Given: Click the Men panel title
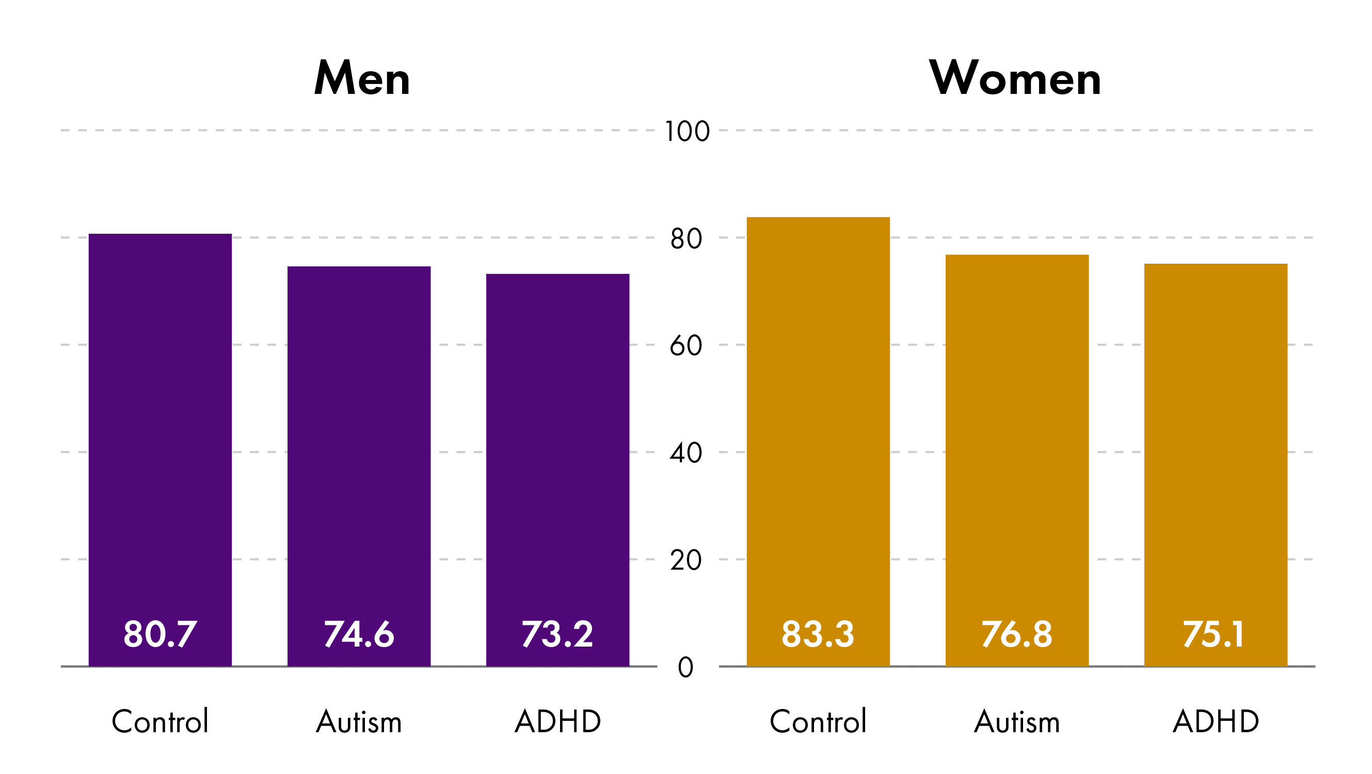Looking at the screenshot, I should [362, 78].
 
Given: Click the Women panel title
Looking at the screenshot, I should [1015, 78].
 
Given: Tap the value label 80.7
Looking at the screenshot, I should [161, 634].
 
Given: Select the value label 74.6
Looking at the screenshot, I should [359, 634].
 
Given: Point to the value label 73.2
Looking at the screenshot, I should [557, 634].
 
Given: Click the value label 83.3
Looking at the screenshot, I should [818, 634].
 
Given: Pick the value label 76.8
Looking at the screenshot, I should [1017, 634].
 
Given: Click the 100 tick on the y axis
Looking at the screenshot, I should [687, 132].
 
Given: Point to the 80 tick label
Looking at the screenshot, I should [687, 239].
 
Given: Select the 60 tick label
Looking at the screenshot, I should [687, 346].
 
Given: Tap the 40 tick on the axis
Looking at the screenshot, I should [687, 454].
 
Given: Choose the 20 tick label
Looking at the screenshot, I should [687, 560].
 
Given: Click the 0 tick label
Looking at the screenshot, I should [686, 668].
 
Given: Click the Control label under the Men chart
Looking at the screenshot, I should [161, 722].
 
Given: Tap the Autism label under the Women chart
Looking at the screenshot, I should [1017, 722].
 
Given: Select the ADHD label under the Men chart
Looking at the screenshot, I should [557, 722].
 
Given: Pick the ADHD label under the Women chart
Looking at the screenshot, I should [1216, 722].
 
